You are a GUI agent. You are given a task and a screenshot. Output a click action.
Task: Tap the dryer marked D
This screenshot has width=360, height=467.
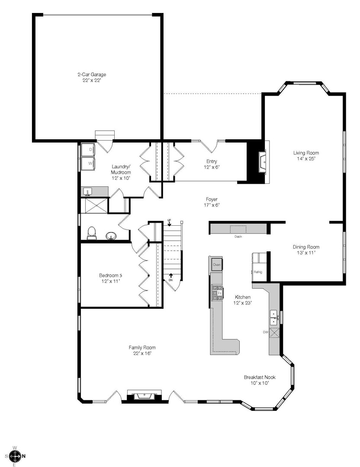tap(88, 150)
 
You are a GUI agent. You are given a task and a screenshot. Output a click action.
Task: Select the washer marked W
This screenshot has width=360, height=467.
tap(88, 163)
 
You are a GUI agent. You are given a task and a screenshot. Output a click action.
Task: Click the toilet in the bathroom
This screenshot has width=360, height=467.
tap(92, 233)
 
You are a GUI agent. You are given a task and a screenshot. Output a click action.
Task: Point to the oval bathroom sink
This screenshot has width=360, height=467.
tap(111, 236)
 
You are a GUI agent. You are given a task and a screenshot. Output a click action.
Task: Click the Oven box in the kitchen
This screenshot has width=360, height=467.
tap(216, 265)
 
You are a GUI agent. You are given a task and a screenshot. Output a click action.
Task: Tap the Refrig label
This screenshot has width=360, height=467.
tap(258, 272)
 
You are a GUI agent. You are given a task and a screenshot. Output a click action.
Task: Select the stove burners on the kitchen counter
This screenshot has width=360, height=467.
tap(217, 293)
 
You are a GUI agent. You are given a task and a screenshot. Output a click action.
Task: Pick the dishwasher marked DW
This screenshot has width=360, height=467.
tap(274, 332)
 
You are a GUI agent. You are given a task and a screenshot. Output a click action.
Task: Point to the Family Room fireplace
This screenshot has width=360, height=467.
tap(145, 396)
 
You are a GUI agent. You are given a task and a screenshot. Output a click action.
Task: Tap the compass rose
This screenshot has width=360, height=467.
tap(15, 456)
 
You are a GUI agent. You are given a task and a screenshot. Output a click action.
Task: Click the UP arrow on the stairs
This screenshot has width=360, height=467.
tap(169, 223)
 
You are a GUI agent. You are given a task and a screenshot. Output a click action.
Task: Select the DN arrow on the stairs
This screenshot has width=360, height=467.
tap(171, 277)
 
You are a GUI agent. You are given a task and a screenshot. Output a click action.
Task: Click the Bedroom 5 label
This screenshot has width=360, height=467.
tap(111, 278)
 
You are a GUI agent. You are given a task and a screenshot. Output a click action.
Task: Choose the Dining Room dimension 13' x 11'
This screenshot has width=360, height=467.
tap(306, 253)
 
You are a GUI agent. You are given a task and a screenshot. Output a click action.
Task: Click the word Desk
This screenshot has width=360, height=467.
tap(238, 237)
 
